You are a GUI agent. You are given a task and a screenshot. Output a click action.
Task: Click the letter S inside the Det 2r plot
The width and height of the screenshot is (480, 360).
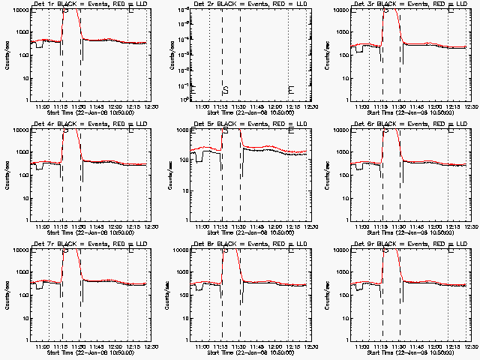[225, 90]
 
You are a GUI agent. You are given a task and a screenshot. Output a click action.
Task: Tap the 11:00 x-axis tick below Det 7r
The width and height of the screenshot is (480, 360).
[43, 346]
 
